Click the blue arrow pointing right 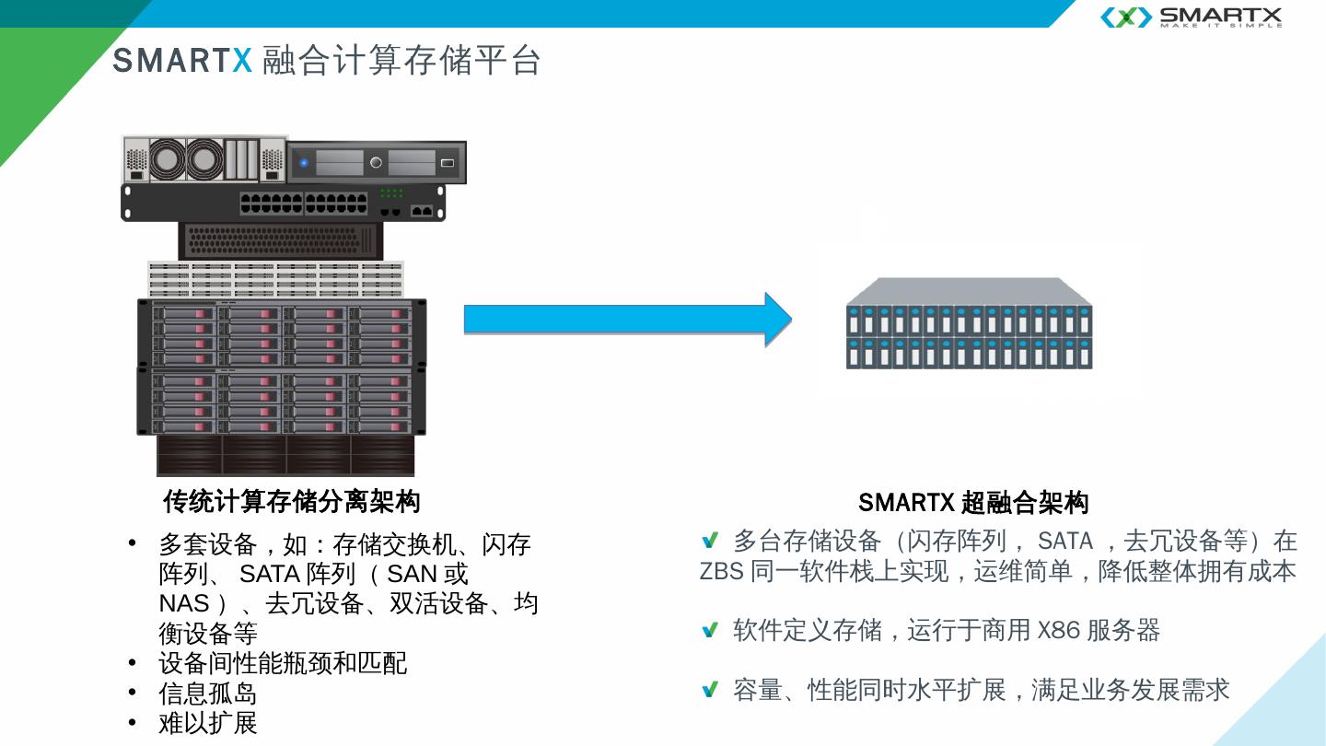(626, 320)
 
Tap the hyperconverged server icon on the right (969, 324)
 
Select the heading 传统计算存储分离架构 (291, 502)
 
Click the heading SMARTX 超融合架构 (973, 503)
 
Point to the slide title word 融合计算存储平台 (401, 61)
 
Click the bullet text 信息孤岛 (208, 694)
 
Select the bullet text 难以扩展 (208, 723)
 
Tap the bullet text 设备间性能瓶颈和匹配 (283, 663)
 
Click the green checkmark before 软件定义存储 (709, 631)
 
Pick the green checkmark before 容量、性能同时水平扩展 (709, 690)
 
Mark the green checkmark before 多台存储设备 (709, 541)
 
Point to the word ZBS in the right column (721, 571)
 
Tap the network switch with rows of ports (284, 203)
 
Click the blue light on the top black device (304, 164)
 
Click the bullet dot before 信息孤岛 (133, 694)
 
